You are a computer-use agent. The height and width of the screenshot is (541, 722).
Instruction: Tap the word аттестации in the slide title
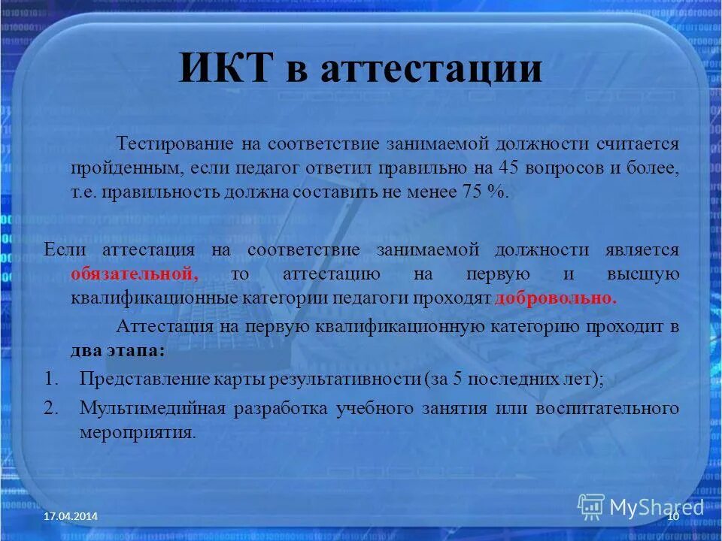click(431, 69)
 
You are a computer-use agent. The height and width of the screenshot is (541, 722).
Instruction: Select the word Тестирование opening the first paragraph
click(174, 144)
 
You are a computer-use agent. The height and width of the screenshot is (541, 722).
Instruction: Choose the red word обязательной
click(135, 274)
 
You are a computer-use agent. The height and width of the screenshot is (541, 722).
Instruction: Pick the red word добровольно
click(556, 298)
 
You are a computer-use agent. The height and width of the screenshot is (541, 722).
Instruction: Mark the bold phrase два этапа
click(117, 350)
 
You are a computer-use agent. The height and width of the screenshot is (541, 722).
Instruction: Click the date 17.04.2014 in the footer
click(70, 516)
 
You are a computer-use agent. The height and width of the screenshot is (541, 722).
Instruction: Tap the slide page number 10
click(673, 516)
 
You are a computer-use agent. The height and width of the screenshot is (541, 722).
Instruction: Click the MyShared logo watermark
click(641, 506)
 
